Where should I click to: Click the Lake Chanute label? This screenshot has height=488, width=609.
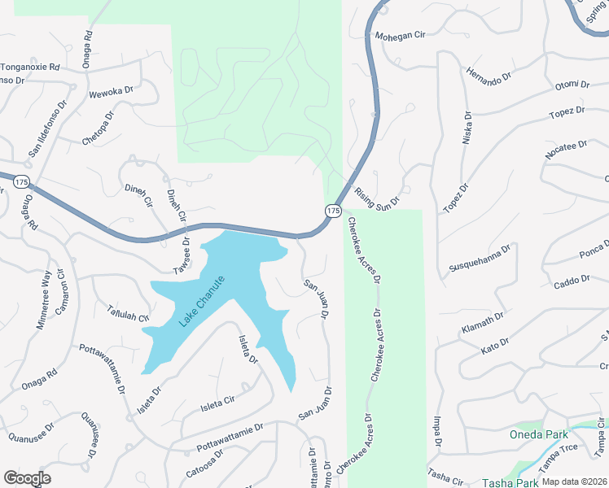pos(201,302)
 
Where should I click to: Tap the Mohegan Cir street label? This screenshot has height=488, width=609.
pos(401,37)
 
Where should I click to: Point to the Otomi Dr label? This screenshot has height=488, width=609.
pos(572,85)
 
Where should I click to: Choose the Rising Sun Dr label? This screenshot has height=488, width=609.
pos(378,198)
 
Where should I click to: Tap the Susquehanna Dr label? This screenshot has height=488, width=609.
pos(480,259)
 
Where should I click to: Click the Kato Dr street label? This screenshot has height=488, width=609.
pos(495,345)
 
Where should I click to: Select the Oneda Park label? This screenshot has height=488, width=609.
pos(540,434)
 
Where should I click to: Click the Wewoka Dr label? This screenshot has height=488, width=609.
pos(111,91)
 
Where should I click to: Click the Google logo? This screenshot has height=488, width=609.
pos(28,478)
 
